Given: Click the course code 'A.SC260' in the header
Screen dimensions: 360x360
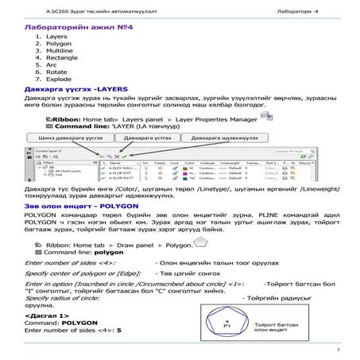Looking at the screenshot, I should pos(40,10).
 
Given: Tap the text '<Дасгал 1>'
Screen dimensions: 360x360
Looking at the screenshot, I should pos(47,315).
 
